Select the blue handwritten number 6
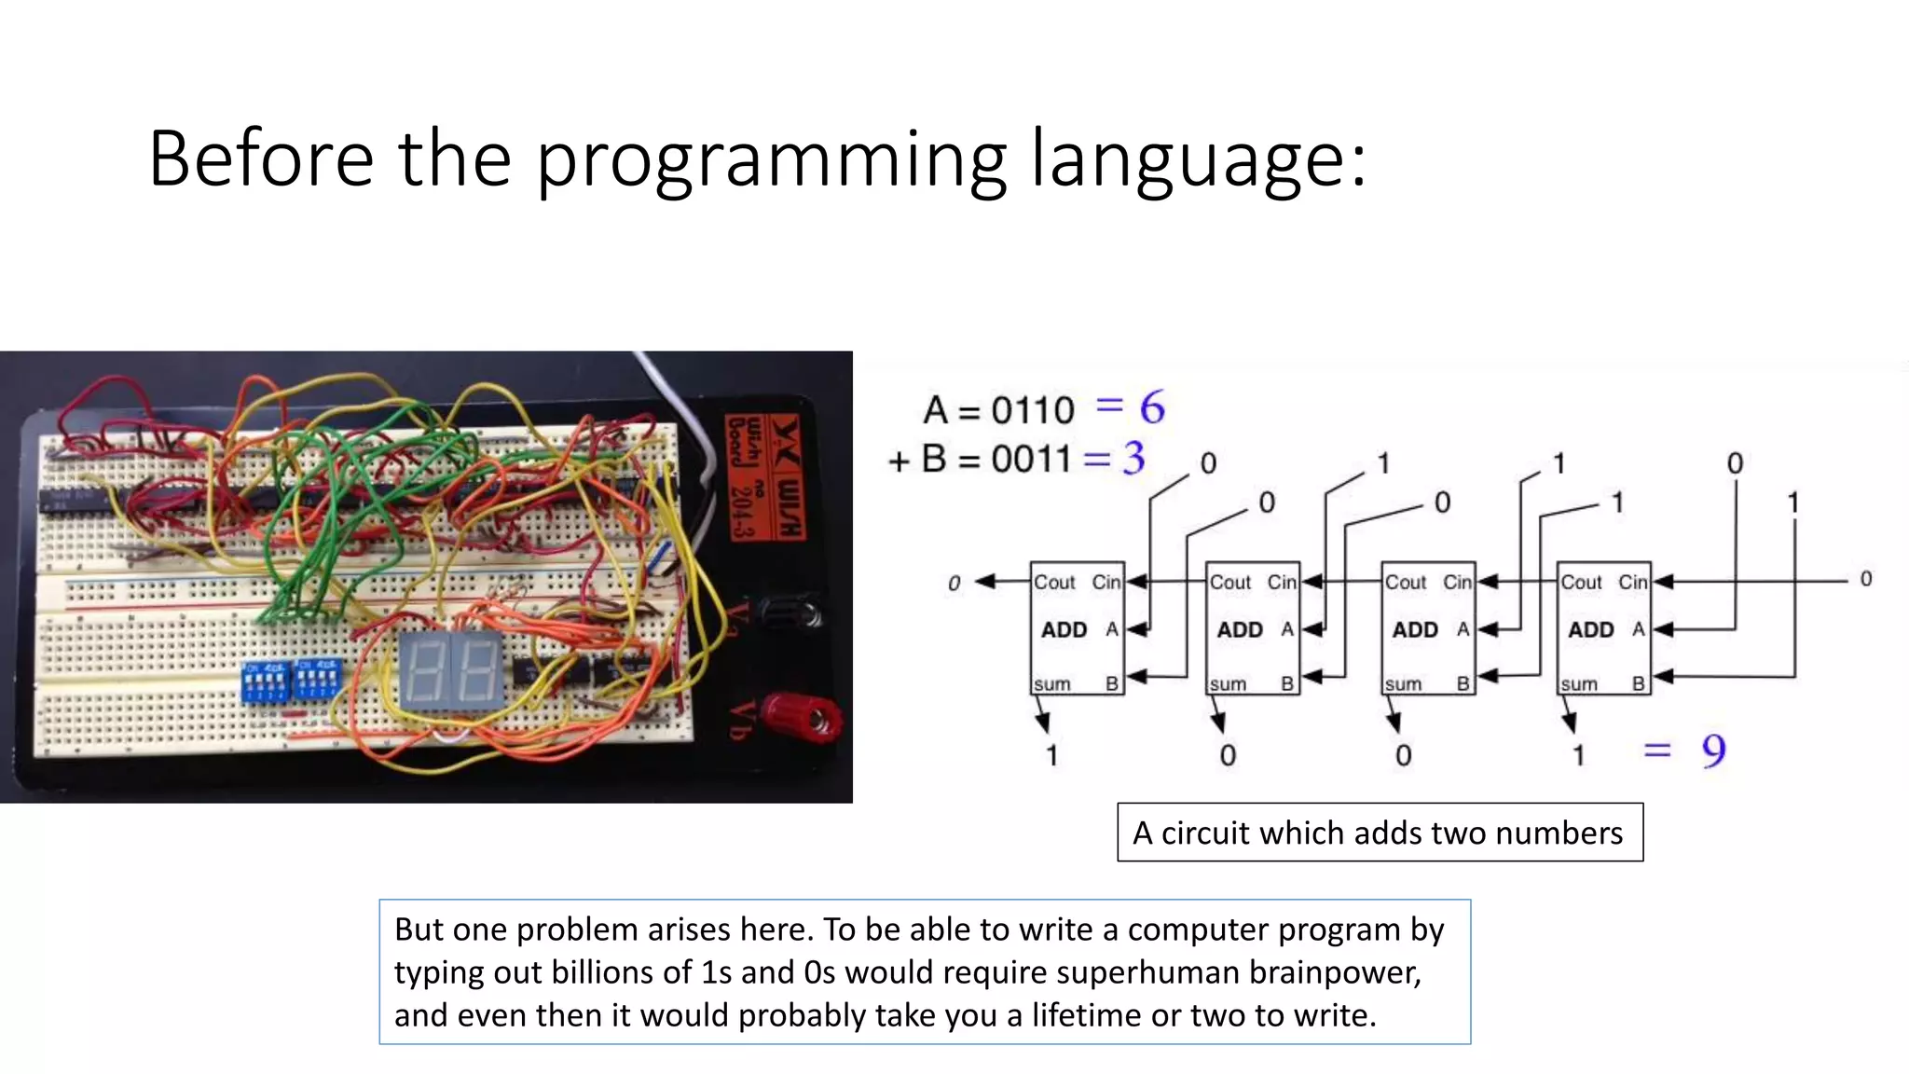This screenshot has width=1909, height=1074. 1152,407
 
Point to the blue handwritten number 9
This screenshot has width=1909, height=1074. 1713,750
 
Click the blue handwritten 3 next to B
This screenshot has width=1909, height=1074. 1133,458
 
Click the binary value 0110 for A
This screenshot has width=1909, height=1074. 1032,410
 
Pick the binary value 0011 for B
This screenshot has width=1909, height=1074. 1030,459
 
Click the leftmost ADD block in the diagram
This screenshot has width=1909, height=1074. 1077,629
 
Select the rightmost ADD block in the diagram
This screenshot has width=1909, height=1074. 1603,629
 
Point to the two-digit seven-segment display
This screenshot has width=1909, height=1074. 451,671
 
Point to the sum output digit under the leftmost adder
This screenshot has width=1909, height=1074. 1052,754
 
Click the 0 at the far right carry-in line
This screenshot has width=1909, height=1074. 1865,579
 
